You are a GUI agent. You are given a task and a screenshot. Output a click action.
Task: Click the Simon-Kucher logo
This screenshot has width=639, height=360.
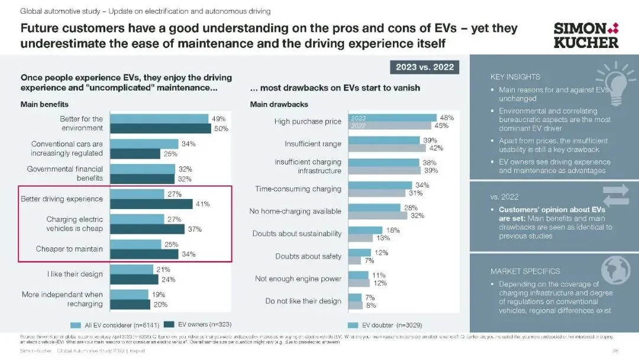point(586,36)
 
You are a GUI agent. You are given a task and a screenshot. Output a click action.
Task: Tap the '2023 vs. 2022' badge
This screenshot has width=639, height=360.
point(424,67)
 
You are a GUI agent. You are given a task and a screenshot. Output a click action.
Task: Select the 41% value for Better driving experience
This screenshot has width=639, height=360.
point(202,204)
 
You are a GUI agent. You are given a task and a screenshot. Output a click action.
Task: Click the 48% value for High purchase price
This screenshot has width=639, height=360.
point(447,118)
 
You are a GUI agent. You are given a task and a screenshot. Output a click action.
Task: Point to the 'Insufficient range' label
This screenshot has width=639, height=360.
point(313,144)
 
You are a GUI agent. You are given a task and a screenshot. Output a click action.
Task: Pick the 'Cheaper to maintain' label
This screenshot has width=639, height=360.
point(69,249)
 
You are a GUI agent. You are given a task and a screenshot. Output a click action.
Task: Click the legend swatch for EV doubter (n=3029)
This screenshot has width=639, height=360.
point(353,324)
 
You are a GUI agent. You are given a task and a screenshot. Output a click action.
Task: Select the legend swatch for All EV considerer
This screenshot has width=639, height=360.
point(76,324)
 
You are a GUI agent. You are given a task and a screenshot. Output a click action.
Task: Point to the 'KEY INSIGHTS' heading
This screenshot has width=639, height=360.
point(515,77)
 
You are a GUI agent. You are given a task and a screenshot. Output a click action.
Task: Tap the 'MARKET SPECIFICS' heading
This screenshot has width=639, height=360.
point(525,271)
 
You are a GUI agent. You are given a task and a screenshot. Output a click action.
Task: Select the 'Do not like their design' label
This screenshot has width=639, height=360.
point(304,301)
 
